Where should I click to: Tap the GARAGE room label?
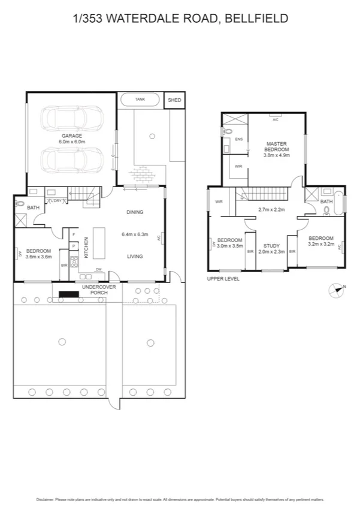coord(71,135)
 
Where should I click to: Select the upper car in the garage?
coord(71,117)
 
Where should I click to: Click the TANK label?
coord(140,100)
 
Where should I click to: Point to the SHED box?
coord(174,100)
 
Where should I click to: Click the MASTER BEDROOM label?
coord(276,147)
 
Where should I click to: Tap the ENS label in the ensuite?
coord(238,139)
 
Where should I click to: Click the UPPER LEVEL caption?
coord(223,279)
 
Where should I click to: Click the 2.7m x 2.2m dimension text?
coord(271,210)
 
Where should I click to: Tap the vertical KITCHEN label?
coord(86,247)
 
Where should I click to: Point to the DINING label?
coord(135,212)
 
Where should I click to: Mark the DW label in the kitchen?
coord(98,269)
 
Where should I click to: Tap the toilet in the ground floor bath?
coord(20,204)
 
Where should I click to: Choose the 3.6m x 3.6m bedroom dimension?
coord(39,257)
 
